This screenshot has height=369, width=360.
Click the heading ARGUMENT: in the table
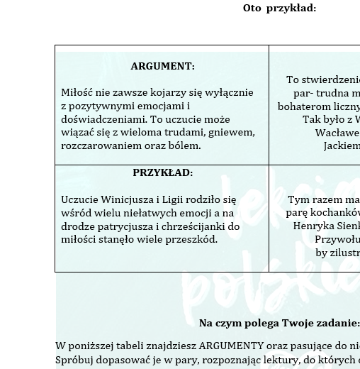162,66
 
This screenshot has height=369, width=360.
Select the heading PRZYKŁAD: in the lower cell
162,172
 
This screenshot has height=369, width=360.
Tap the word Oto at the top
252,9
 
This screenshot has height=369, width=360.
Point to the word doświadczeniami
100,119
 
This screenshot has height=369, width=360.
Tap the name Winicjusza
128,199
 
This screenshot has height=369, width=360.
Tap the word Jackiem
342,145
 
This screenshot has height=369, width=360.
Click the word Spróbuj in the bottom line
74,360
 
